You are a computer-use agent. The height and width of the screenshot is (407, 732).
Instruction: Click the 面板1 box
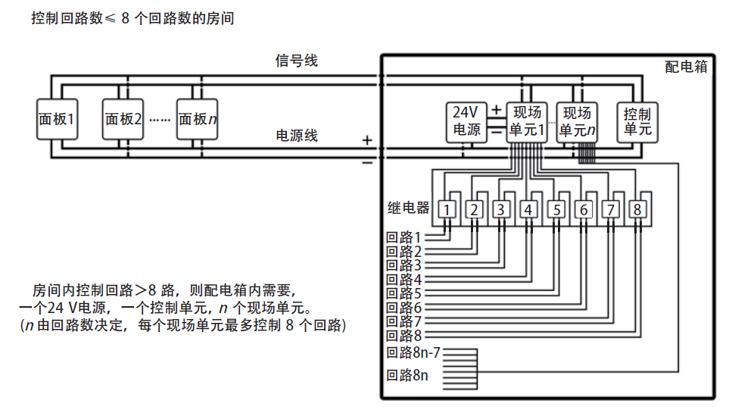(58, 119)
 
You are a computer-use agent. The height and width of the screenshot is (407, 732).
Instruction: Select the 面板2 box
(123, 119)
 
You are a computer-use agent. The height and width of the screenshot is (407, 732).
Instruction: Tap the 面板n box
(198, 119)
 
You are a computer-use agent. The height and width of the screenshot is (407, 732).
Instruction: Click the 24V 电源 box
(466, 121)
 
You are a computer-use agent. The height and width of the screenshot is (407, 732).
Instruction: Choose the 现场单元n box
(578, 121)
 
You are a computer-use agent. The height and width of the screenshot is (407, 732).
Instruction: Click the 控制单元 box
(637, 121)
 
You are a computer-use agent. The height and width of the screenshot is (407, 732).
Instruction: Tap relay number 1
(449, 209)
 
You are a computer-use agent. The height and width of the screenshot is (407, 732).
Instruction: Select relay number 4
(528, 209)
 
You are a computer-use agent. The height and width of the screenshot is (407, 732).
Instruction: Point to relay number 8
(638, 209)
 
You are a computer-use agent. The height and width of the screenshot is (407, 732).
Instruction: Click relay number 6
(583, 209)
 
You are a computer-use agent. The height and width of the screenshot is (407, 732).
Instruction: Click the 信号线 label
(297, 61)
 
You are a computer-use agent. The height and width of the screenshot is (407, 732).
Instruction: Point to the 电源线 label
(297, 136)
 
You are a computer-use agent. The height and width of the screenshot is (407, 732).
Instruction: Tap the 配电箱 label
(686, 67)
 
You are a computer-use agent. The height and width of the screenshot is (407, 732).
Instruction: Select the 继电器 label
(408, 208)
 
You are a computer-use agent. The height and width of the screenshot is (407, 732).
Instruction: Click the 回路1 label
(403, 237)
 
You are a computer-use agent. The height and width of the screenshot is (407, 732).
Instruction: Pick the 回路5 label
(403, 293)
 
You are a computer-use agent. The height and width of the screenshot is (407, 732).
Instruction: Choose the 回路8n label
(407, 375)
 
